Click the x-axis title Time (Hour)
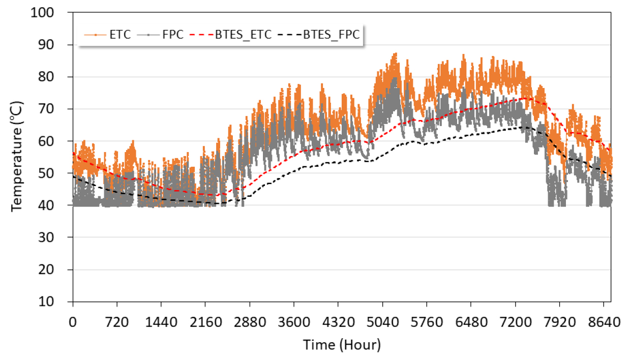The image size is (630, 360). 342,345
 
